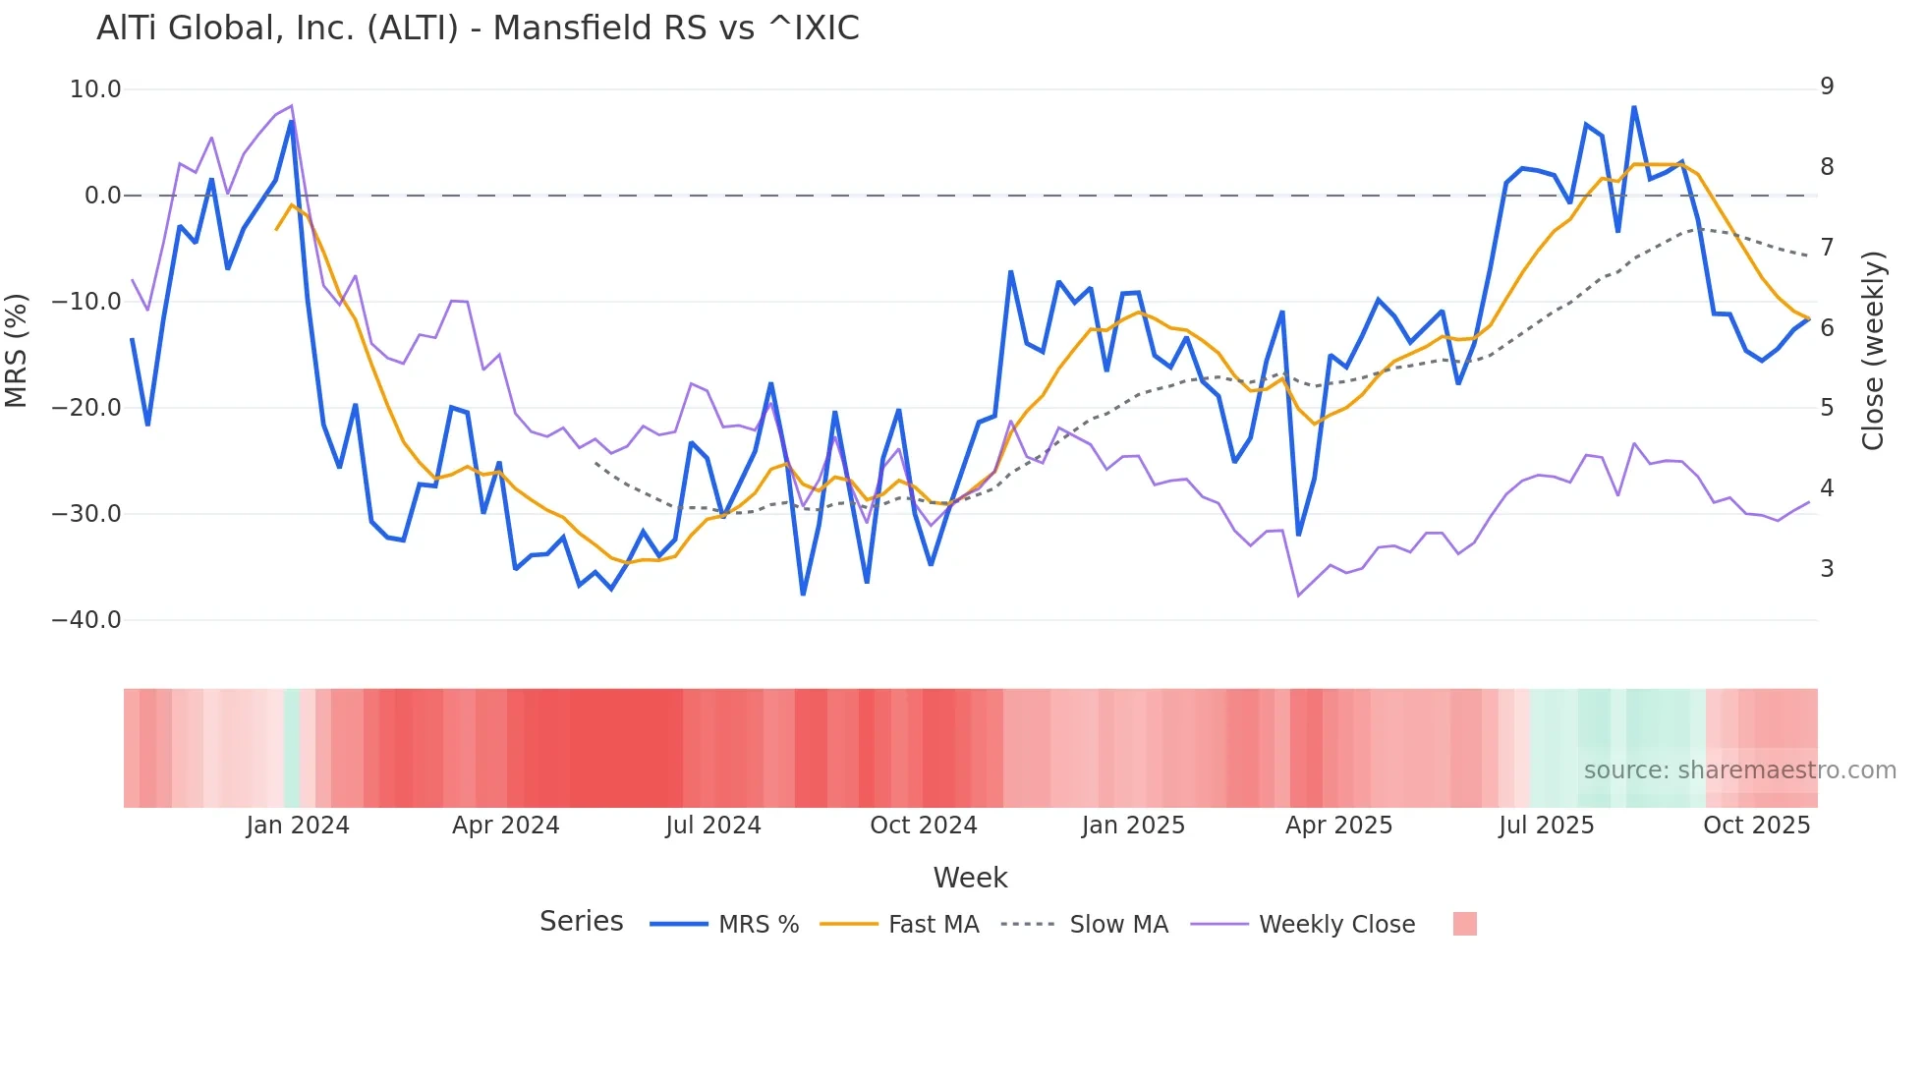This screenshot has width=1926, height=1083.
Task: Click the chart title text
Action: (478, 28)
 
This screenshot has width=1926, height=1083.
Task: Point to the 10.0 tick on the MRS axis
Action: (95, 89)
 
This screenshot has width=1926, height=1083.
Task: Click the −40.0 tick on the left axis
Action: (86, 620)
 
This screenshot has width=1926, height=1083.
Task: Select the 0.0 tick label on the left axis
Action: (103, 196)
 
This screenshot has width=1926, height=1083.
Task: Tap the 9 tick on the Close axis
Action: (1827, 86)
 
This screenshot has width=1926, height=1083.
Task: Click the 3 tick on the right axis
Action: (1827, 569)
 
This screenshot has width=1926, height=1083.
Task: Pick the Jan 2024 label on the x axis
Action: (298, 826)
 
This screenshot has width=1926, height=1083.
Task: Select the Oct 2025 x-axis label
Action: (1756, 826)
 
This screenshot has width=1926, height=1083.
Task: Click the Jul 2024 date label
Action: (713, 826)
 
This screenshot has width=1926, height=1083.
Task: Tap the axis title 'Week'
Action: (970, 878)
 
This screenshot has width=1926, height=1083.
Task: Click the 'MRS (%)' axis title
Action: (17, 350)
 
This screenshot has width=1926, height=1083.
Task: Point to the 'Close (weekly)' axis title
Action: (1873, 351)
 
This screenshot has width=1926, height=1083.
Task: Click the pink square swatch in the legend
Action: (1464, 924)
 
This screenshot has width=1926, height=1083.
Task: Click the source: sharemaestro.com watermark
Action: (1739, 770)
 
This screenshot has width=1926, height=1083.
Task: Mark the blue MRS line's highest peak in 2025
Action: (1634, 107)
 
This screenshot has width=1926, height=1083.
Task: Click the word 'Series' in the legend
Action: (581, 922)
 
